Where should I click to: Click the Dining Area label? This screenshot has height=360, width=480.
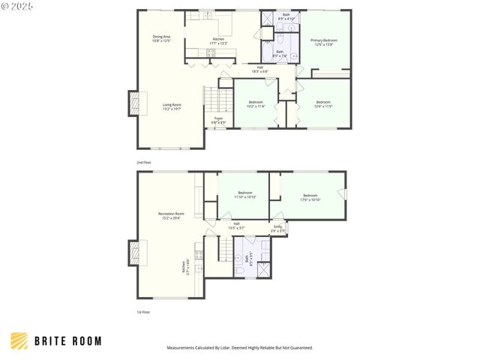(161, 38)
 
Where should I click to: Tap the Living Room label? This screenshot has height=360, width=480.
(172, 106)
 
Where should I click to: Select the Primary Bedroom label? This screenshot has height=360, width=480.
(324, 42)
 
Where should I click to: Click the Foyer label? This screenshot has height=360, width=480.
(218, 120)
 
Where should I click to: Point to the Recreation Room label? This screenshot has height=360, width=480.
(171, 216)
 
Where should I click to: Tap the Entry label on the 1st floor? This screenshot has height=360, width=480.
(277, 228)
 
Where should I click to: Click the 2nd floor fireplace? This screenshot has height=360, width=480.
(133, 103)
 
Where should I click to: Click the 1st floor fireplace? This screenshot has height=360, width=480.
(133, 253)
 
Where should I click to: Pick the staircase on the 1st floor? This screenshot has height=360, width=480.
(223, 247)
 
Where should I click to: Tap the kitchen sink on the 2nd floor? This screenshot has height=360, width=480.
(205, 15)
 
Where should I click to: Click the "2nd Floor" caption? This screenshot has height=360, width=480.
(142, 163)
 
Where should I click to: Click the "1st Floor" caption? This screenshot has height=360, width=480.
(142, 312)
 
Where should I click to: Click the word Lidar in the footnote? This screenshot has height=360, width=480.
(232, 348)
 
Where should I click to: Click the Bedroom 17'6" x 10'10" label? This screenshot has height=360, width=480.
(310, 197)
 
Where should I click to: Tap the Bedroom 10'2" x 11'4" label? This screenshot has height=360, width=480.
(256, 103)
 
